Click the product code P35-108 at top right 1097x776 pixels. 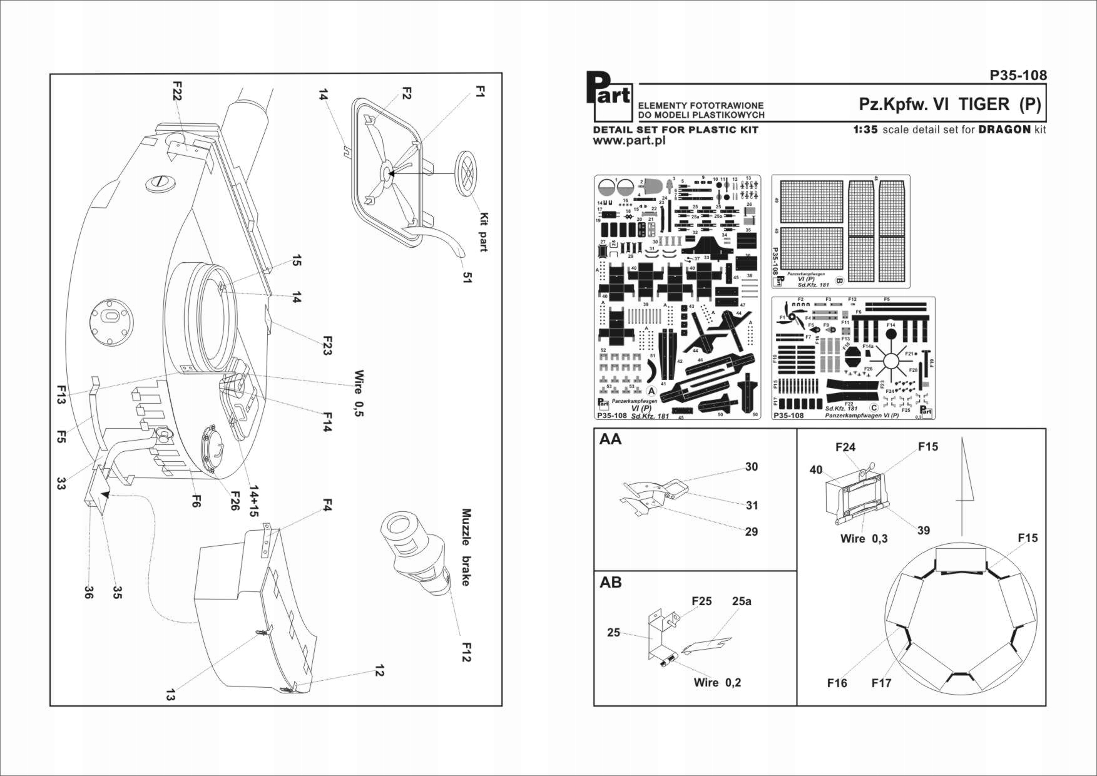(x=1018, y=75)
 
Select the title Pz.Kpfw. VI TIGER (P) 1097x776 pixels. (x=950, y=105)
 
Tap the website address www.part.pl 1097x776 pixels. (x=629, y=141)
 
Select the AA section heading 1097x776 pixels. (x=610, y=439)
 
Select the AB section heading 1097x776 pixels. (x=610, y=582)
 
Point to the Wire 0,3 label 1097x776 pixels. (x=864, y=538)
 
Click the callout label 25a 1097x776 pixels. (x=742, y=601)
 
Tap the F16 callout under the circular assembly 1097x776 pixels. (x=837, y=683)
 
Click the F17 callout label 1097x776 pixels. (x=881, y=683)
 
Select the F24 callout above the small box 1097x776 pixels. (x=845, y=447)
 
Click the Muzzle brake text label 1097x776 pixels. (x=466, y=548)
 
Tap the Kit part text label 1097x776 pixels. (x=482, y=232)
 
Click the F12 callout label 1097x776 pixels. (x=466, y=651)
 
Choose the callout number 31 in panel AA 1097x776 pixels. (x=752, y=505)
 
